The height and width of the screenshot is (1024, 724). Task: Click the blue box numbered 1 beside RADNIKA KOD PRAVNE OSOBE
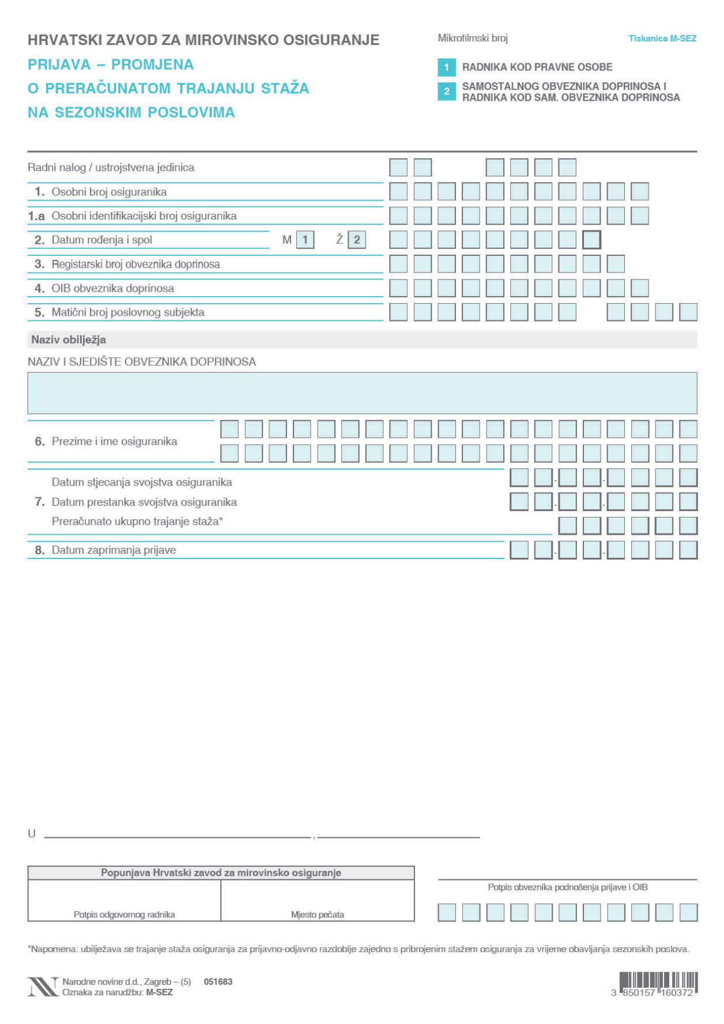click(446, 67)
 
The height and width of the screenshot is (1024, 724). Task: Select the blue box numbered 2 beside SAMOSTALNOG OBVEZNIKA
click(446, 92)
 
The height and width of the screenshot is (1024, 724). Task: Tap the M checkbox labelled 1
click(305, 240)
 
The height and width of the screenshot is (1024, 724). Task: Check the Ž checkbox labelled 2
click(357, 240)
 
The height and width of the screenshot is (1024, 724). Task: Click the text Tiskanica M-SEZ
click(662, 39)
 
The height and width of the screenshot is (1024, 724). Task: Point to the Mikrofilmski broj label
click(473, 39)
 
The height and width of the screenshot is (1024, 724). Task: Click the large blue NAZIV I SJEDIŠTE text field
click(362, 393)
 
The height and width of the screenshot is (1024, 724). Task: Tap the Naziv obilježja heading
click(69, 339)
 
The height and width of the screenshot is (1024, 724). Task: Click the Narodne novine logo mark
click(43, 987)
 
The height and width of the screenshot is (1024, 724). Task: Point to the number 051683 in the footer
click(218, 981)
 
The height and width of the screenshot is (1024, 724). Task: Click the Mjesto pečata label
click(318, 915)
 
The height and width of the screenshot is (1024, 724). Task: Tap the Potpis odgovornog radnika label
click(124, 915)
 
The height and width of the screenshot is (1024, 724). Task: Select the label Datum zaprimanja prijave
click(114, 550)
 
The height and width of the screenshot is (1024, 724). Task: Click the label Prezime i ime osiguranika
click(114, 441)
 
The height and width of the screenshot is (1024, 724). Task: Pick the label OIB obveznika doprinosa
click(112, 288)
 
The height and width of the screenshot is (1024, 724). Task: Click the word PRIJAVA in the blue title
click(59, 65)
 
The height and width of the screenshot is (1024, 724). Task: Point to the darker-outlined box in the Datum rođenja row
click(591, 240)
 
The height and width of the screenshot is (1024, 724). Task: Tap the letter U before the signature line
click(32, 833)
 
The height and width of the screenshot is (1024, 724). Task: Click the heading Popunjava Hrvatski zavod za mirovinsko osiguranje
click(221, 872)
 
